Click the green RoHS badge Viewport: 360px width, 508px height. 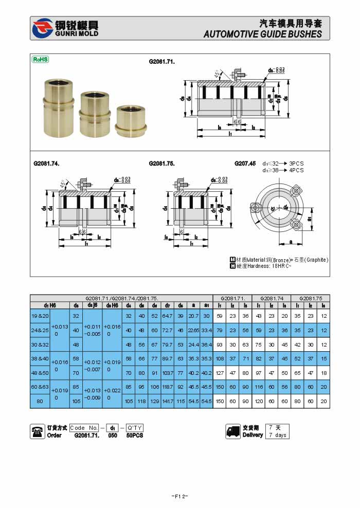tap(41, 59)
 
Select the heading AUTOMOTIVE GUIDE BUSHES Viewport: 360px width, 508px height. tap(262, 34)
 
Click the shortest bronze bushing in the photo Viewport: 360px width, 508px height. tap(130, 121)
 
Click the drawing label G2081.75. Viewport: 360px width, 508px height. tap(162, 163)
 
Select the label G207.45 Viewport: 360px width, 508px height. tap(245, 163)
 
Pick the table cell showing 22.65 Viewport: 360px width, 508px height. tap(193, 330)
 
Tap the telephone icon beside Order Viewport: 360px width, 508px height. tap(38, 431)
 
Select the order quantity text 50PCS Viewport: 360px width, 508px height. tap(135, 436)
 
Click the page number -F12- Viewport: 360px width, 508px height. tap(179, 496)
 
